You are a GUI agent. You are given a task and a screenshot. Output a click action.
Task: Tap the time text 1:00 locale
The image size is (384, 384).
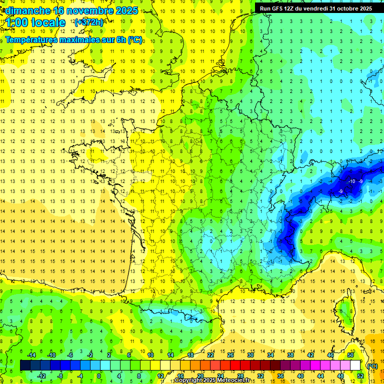[36, 22]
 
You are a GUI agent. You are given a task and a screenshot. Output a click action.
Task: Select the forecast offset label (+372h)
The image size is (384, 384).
[88, 22]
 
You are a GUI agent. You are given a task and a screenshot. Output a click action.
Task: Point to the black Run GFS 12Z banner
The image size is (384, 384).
[315, 8]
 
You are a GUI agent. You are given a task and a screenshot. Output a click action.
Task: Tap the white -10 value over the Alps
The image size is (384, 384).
[351, 180]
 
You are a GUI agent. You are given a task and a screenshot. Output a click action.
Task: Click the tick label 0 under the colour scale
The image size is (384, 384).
[99, 376]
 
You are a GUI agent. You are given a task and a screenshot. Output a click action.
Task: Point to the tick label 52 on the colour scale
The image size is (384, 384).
[360, 376]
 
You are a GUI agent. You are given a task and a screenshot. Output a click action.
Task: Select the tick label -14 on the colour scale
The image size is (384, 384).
[31, 355]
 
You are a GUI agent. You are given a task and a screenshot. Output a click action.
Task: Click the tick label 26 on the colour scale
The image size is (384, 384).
[230, 355]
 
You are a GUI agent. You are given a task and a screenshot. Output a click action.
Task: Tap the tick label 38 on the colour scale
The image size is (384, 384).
[290, 355]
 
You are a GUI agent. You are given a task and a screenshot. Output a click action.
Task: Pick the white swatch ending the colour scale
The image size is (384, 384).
[355, 365]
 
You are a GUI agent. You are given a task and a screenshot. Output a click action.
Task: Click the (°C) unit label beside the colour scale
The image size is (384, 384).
[372, 365]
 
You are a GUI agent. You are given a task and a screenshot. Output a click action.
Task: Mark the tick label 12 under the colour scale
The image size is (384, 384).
[160, 376]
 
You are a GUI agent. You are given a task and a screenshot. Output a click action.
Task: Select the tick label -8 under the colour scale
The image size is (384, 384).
[60, 376]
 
